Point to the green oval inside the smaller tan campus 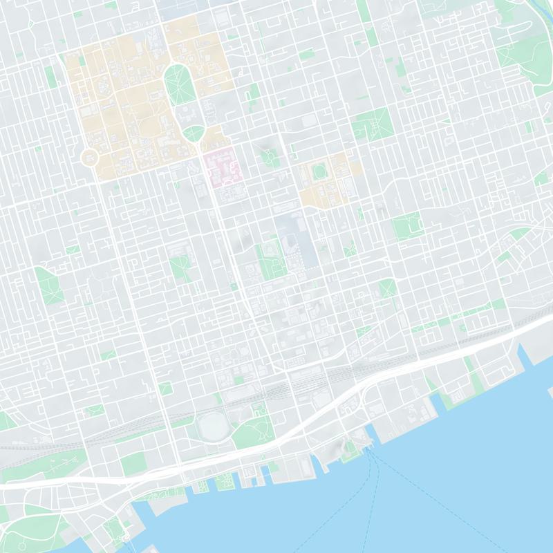click(319, 170)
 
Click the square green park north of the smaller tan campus click(372, 125)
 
